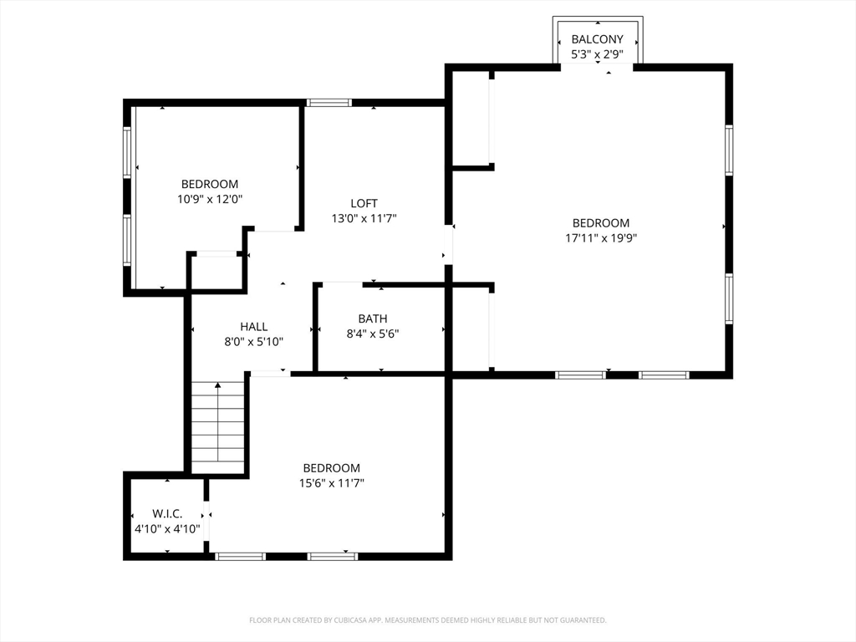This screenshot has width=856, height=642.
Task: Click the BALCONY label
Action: point(597,39)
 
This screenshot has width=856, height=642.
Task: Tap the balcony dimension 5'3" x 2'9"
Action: point(597,54)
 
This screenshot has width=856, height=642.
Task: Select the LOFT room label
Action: point(364,203)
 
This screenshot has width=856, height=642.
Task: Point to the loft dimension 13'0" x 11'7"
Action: point(364,219)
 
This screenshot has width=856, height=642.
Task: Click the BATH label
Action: point(373,318)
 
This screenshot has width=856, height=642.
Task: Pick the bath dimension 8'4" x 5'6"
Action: point(373,334)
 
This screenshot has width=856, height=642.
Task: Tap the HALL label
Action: point(254,327)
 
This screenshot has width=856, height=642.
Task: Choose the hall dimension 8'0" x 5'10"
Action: point(254,342)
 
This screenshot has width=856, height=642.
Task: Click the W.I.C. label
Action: point(167,513)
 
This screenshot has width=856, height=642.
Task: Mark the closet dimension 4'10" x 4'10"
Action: point(167,528)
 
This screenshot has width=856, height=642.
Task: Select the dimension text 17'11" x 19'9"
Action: point(601,238)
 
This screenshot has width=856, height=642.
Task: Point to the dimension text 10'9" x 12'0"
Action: point(210,199)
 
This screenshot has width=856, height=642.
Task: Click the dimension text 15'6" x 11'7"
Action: point(332,483)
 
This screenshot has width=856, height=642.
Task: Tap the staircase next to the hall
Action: point(219,428)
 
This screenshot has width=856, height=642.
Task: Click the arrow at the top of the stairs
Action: point(219,385)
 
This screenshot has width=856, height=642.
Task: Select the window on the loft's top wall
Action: point(328,103)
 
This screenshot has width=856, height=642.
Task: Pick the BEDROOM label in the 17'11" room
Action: point(601,223)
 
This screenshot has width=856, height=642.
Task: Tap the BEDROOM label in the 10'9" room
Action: point(210,184)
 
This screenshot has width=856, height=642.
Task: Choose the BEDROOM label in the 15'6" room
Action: point(332,468)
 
